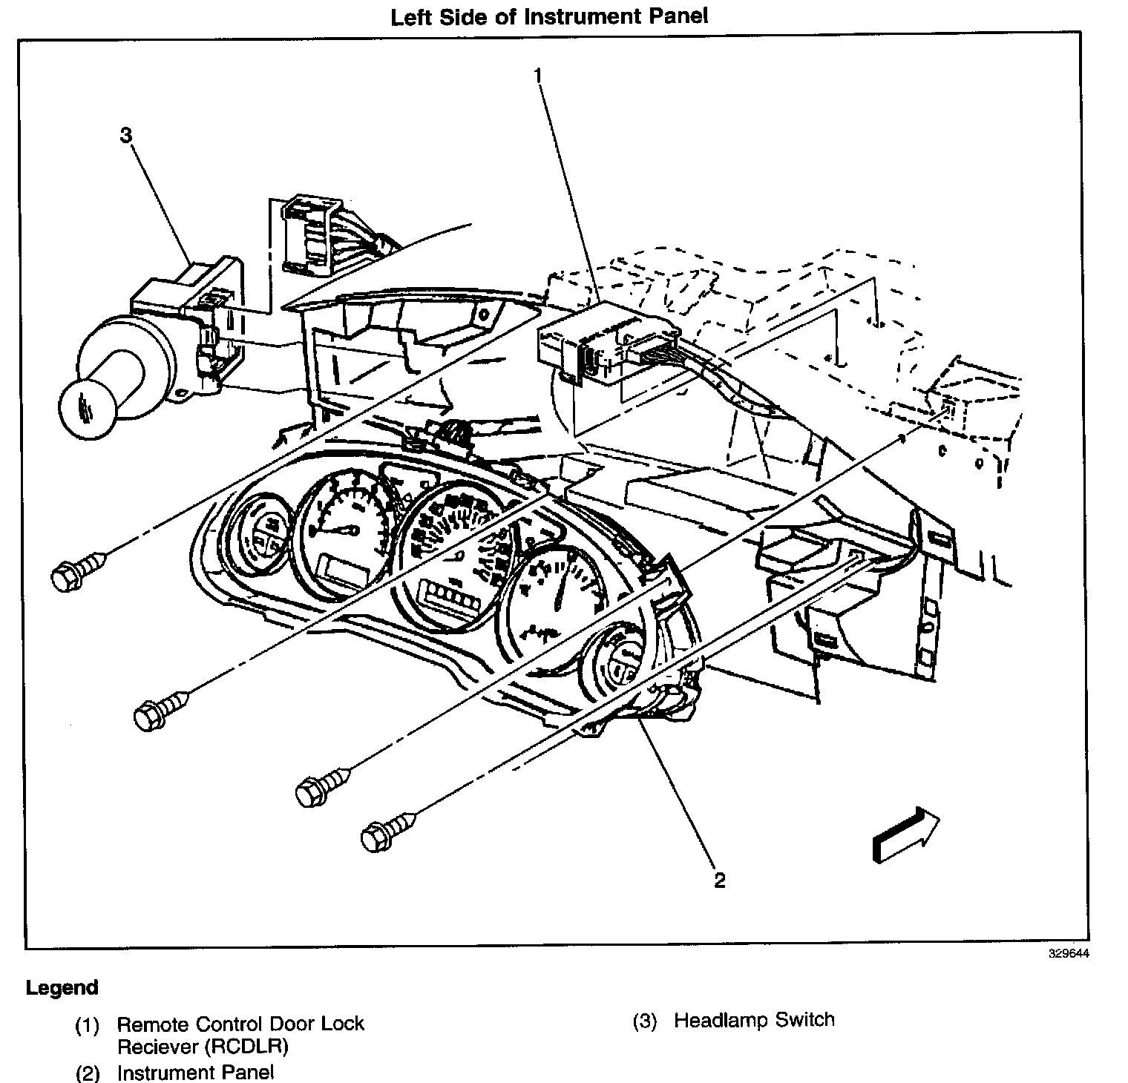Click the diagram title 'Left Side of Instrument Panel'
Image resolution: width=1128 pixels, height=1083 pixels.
549,17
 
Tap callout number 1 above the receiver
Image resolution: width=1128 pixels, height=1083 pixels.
538,75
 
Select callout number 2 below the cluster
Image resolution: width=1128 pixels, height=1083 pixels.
719,880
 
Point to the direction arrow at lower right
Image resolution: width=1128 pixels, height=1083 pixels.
906,834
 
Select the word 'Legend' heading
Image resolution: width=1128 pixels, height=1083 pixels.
62,988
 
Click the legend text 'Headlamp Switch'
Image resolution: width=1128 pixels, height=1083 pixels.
754,1020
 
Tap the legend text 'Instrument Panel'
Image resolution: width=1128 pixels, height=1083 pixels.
195,1072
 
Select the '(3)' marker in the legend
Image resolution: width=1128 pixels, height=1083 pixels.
645,1021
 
